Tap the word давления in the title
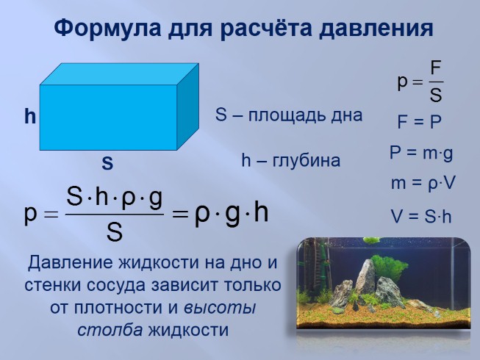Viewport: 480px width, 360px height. coord(374,29)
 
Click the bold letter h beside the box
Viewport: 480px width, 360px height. coord(29,116)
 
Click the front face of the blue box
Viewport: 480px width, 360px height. coord(108,117)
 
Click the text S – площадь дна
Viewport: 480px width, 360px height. coord(289,115)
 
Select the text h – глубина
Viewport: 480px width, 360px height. coord(291,161)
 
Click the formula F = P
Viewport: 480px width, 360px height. coord(419,122)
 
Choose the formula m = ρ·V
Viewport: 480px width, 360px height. coord(423,184)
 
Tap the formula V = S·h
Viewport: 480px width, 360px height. coord(421,217)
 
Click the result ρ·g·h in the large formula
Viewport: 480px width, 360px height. coord(232,214)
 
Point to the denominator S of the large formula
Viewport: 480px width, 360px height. coord(114,232)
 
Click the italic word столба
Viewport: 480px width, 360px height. coord(110,329)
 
